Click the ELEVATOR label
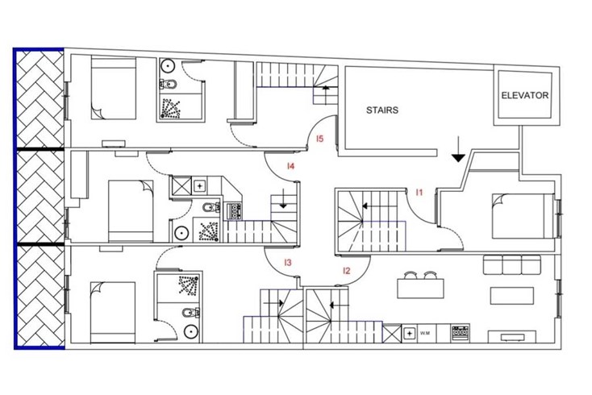tap(525, 95)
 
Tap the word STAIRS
tap(382, 110)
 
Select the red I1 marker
tap(419, 193)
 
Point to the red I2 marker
tap(347, 271)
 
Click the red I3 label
tap(288, 262)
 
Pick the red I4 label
tap(290, 165)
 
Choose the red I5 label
tap(319, 139)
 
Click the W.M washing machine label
tap(425, 333)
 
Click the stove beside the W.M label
tap(461, 333)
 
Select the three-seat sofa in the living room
tap(512, 264)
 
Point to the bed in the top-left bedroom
tap(113, 89)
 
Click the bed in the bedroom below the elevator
tap(523, 216)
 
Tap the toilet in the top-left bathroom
tap(169, 84)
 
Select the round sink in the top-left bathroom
tap(167, 65)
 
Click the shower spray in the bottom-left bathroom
tap(189, 285)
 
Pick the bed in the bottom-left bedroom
tap(113, 313)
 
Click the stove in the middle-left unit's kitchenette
tap(234, 211)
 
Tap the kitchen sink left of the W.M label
tap(409, 333)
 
